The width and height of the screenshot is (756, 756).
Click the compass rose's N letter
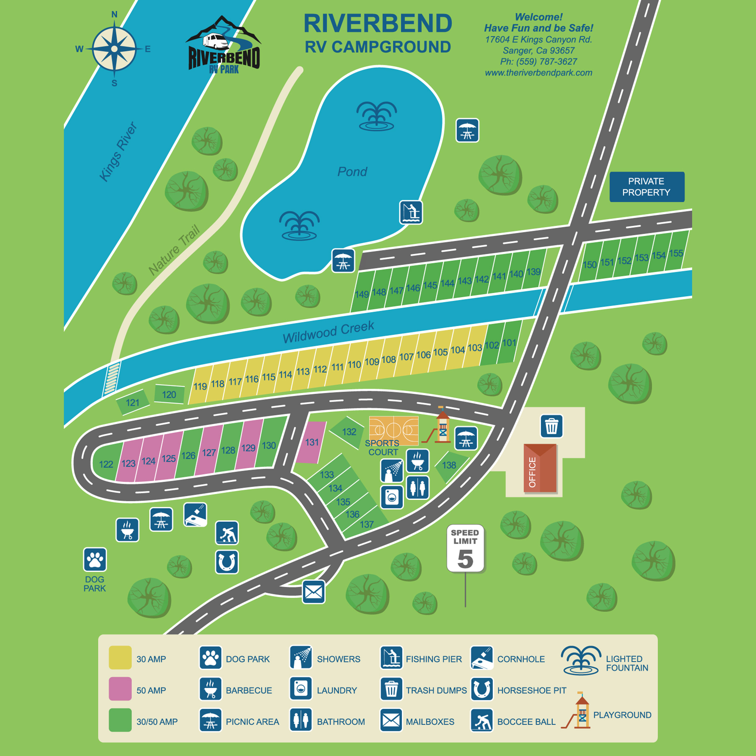point(114,15)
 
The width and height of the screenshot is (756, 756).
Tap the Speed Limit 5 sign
point(465,548)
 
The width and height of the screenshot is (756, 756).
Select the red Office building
point(540,468)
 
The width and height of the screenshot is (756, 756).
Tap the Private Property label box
point(646,187)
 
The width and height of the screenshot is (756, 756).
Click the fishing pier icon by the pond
point(411,212)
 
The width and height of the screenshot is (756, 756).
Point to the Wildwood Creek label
point(328,332)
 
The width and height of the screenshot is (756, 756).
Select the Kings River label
point(118,152)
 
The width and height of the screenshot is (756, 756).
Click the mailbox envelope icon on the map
point(313,592)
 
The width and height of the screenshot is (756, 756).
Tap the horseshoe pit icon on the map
point(227,562)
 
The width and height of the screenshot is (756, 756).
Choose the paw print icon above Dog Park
point(95,559)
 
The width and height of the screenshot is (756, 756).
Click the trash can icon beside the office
point(551,426)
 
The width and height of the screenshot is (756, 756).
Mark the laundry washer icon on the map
point(392,497)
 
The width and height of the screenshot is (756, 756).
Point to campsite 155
point(676,253)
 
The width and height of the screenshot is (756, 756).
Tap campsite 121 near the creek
point(133,402)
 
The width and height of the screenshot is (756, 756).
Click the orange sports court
point(394,430)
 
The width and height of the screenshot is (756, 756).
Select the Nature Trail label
point(174,250)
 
